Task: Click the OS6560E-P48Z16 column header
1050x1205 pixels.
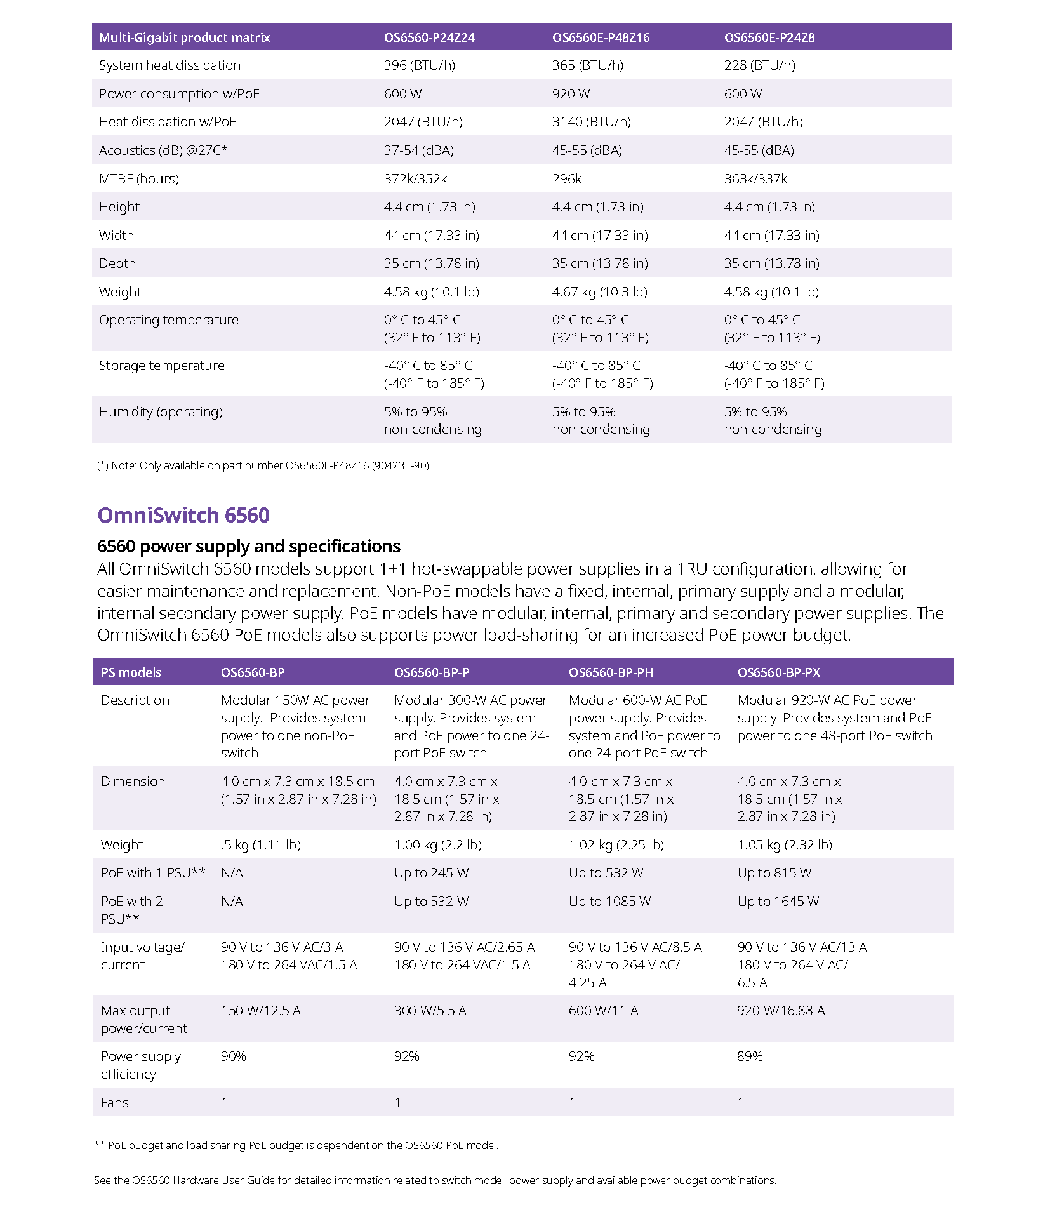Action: pos(601,37)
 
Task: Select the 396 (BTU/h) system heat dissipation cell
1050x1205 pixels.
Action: pos(419,65)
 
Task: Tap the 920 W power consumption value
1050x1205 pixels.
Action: pos(571,94)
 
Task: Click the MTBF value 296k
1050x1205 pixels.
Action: pos(566,179)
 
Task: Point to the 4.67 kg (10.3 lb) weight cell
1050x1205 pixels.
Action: pos(599,292)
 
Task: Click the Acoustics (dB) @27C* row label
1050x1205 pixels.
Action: pos(163,150)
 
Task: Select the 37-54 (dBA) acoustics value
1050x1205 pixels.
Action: pos(418,150)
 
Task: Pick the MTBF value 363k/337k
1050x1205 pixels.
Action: pos(755,179)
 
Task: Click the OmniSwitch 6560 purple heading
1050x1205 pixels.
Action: pos(183,515)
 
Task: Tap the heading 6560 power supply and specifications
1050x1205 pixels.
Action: pos(249,547)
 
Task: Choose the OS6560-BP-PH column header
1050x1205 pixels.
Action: pos(611,672)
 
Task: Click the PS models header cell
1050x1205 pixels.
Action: pos(131,672)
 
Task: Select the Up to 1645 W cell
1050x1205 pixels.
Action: pos(778,902)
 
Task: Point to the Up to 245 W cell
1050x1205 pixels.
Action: pos(431,873)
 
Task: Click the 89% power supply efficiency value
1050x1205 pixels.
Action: pos(750,1056)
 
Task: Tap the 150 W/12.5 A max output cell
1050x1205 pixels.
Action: pos(260,1011)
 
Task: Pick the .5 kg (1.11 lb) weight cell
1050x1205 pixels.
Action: pos(260,845)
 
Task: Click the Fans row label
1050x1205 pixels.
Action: pos(115,1103)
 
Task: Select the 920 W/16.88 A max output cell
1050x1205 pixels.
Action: pos(781,1011)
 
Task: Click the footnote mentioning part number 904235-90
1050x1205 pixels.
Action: pos(263,465)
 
